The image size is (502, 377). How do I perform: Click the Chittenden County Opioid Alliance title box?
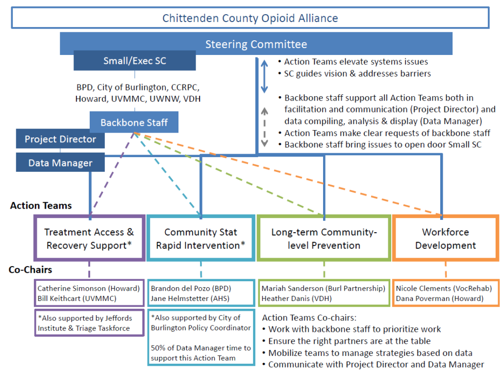click(250, 18)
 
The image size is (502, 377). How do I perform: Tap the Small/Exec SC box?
click(134, 60)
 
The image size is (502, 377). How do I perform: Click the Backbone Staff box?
click(134, 122)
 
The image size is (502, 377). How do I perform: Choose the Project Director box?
click(60, 139)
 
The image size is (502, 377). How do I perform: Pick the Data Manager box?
click(60, 162)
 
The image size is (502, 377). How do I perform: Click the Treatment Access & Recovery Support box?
click(89, 238)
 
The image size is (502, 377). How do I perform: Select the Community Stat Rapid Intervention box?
click(201, 238)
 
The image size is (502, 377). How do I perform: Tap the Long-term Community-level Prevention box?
click(324, 238)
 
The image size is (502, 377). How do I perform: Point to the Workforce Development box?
click(445, 238)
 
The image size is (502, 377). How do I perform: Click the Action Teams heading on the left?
click(41, 206)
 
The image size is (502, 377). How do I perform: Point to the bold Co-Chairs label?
click(30, 269)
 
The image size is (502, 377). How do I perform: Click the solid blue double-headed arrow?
click(264, 76)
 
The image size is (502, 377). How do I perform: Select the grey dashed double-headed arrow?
click(264, 127)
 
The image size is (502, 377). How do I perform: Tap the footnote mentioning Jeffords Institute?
click(85, 323)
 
